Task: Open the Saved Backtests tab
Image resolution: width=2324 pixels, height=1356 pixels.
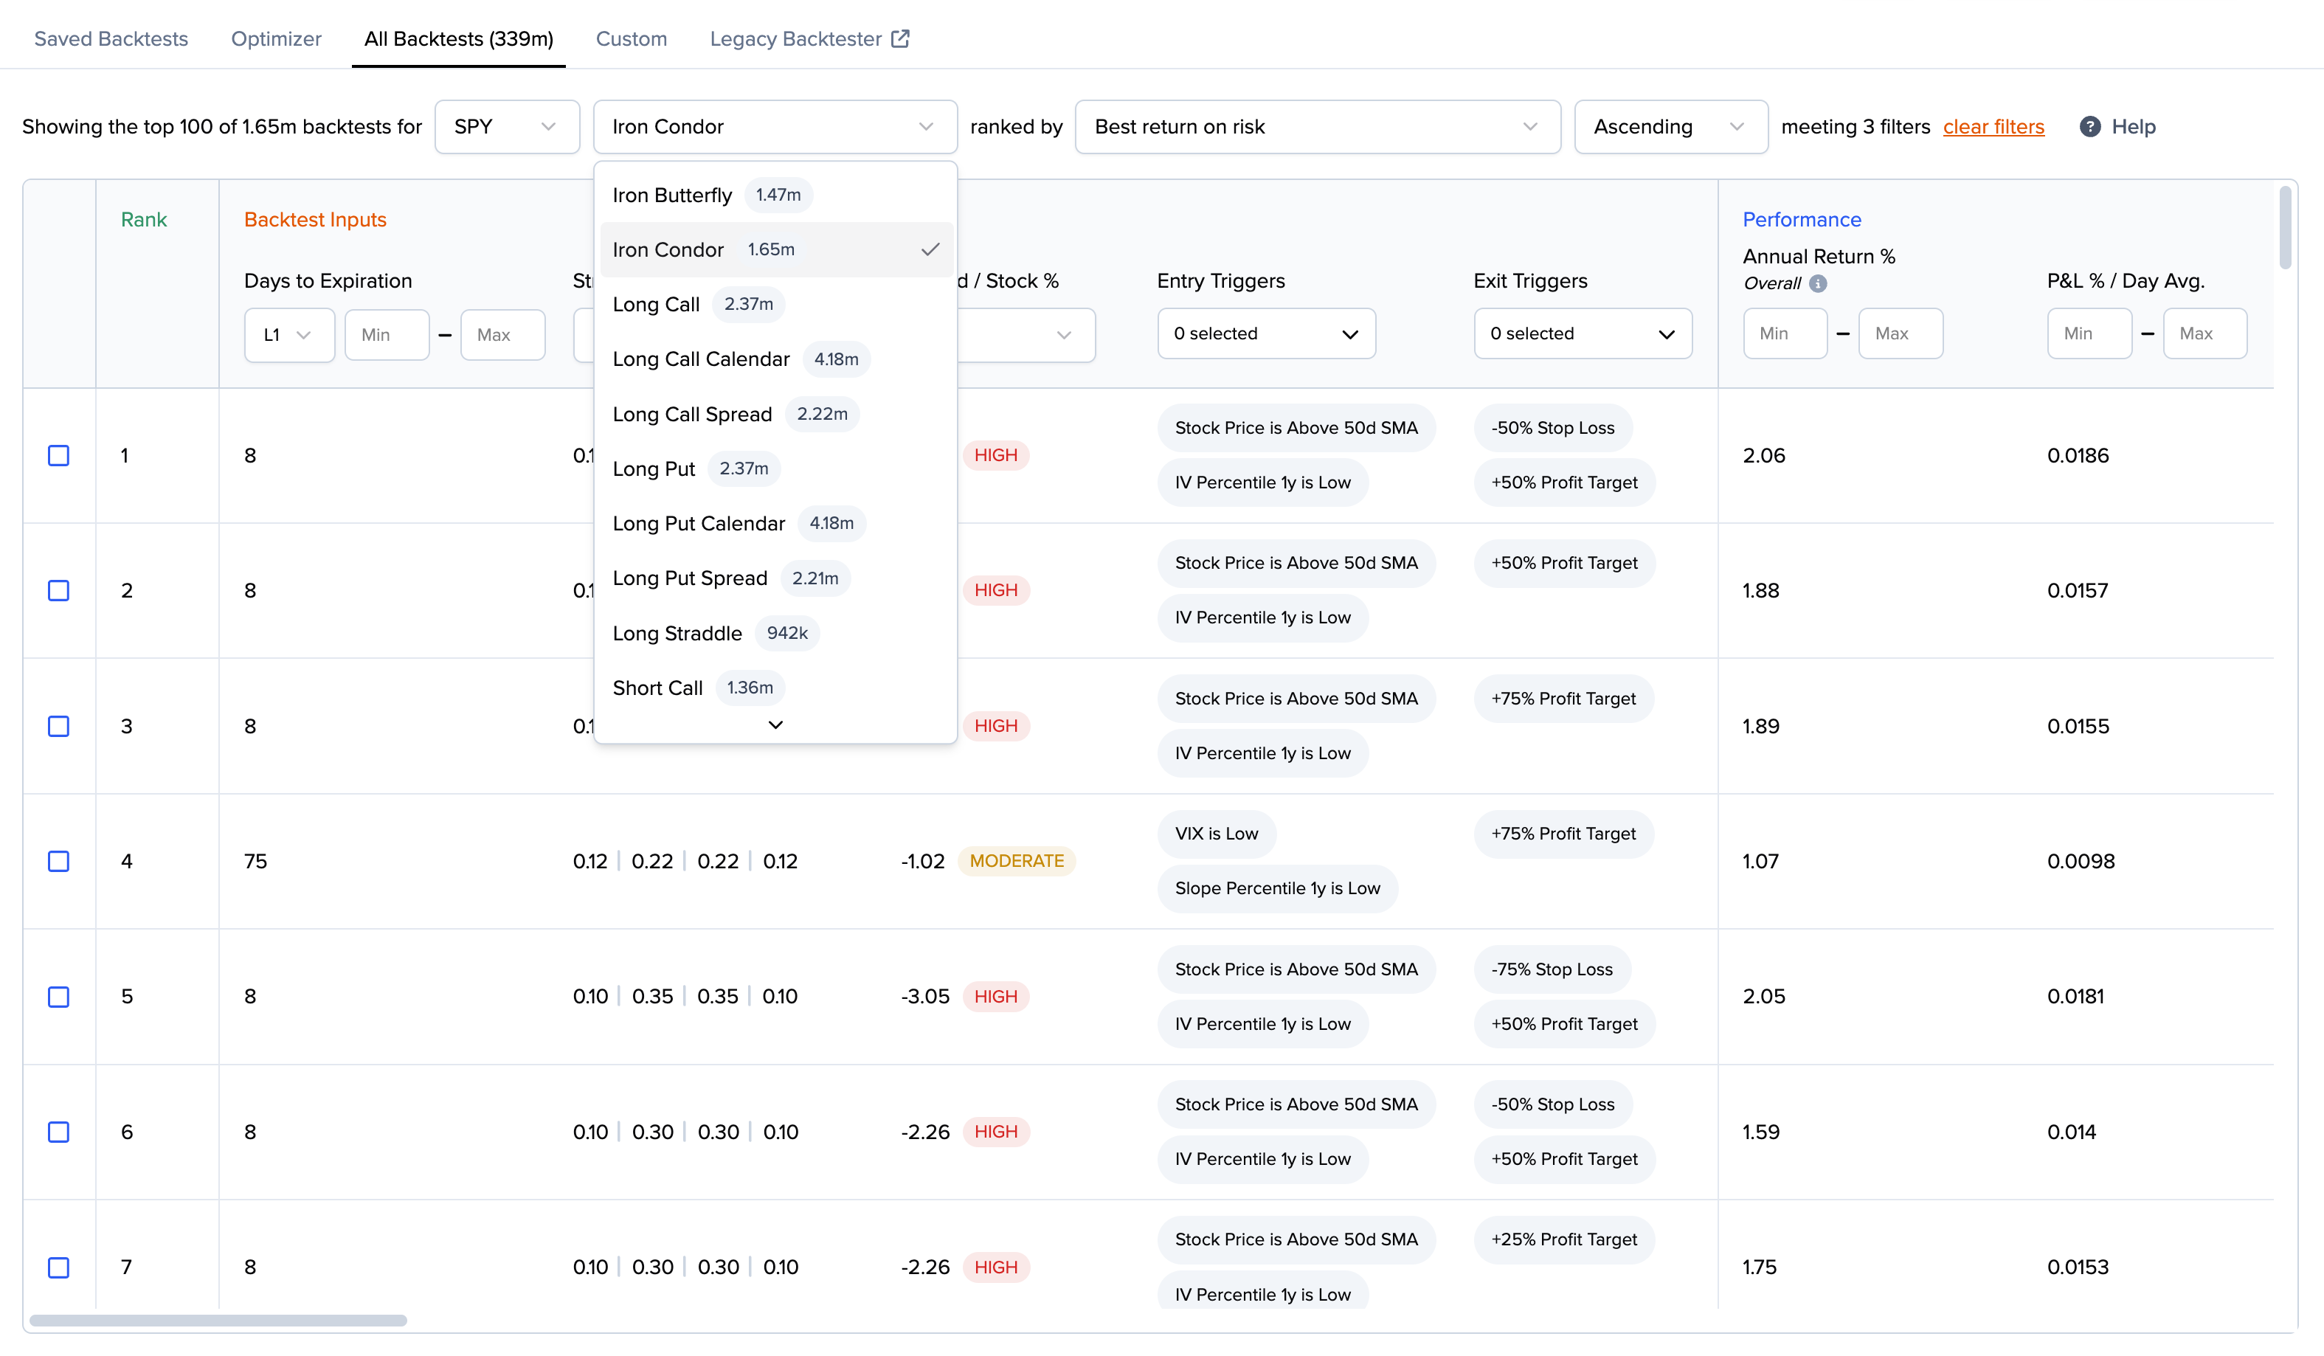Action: pyautogui.click(x=111, y=39)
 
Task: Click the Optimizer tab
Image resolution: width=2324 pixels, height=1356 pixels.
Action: pyautogui.click(x=276, y=39)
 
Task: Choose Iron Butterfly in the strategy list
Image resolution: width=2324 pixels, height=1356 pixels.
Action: pyautogui.click(x=671, y=195)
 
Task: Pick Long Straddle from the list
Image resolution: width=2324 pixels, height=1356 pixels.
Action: pyautogui.click(x=677, y=633)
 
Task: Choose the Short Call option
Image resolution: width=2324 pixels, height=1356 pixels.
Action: pyautogui.click(x=657, y=688)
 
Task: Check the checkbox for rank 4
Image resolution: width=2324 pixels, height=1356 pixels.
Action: pyautogui.click(x=58, y=861)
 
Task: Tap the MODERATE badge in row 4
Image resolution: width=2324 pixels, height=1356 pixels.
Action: pyautogui.click(x=1017, y=861)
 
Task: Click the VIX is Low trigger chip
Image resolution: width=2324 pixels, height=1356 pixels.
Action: pyautogui.click(x=1216, y=833)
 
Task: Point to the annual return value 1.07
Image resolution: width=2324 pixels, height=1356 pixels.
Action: pyautogui.click(x=1760, y=861)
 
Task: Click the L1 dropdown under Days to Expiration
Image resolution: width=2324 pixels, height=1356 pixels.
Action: pyautogui.click(x=288, y=334)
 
